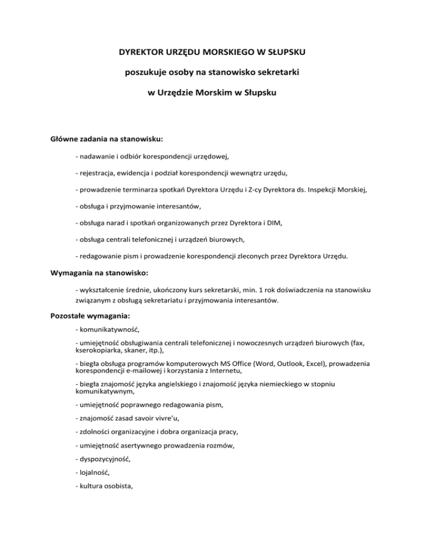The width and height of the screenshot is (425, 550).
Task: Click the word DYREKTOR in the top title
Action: tap(138, 53)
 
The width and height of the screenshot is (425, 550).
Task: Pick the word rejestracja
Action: tap(98, 173)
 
